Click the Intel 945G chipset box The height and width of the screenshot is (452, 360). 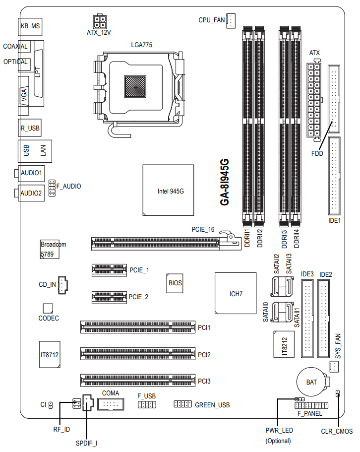coord(168,190)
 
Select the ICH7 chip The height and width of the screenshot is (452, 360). coord(236,293)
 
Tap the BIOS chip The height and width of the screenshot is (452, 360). coord(175,283)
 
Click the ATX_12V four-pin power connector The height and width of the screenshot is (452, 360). coord(99,21)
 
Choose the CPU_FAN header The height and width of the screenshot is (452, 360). coord(231,20)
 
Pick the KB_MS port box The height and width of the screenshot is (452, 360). coord(30,26)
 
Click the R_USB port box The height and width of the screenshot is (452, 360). coord(30,128)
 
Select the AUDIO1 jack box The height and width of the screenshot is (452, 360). coord(31,173)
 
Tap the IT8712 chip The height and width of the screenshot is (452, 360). coord(50,355)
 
